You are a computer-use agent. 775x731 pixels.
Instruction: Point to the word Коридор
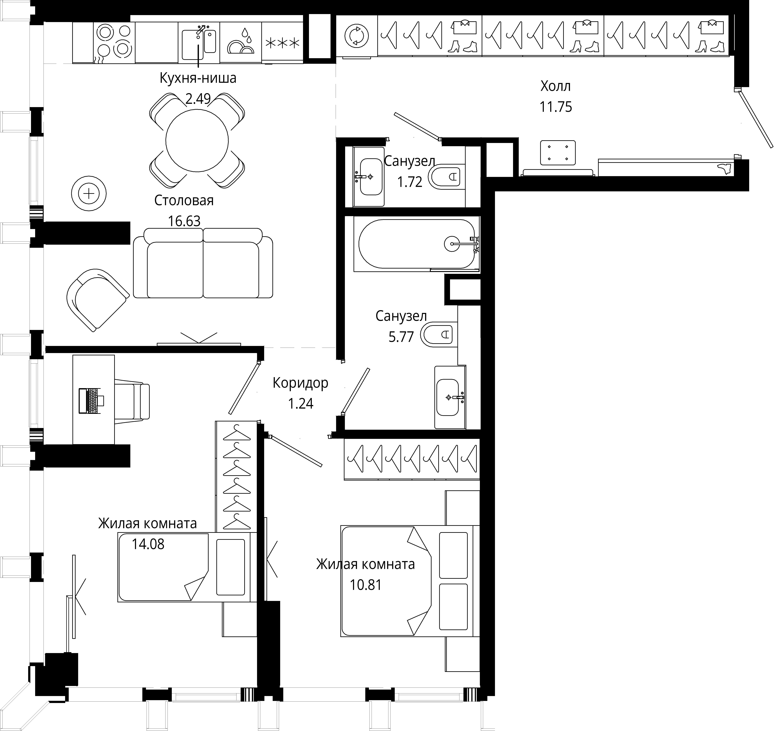pos(300,383)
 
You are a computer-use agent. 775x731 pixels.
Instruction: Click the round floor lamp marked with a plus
pos(89,194)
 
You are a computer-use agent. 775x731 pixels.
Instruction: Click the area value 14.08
pos(148,544)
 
